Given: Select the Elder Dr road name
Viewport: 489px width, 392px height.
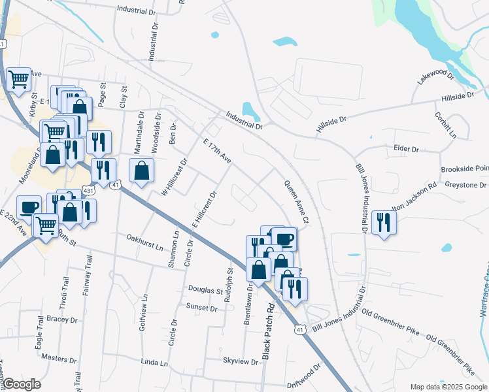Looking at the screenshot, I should (x=406, y=149).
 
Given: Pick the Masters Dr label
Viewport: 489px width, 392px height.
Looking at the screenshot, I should (x=59, y=359).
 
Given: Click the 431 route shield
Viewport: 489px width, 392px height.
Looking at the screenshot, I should (x=88, y=190).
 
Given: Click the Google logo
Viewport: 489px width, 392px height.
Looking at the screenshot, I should (x=21, y=384).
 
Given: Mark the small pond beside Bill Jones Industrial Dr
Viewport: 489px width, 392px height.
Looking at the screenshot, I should (x=354, y=253).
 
